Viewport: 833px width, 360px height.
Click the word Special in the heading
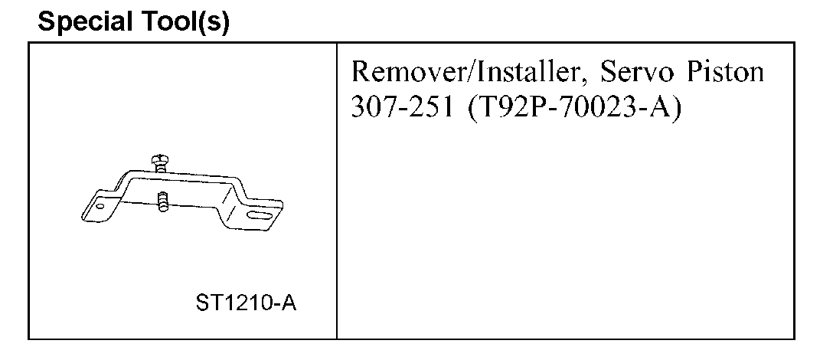point(82,23)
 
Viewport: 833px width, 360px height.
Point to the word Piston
point(724,74)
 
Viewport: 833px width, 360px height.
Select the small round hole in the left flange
point(97,206)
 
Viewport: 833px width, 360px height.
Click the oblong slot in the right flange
point(261,220)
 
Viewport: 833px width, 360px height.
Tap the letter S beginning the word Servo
point(608,74)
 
